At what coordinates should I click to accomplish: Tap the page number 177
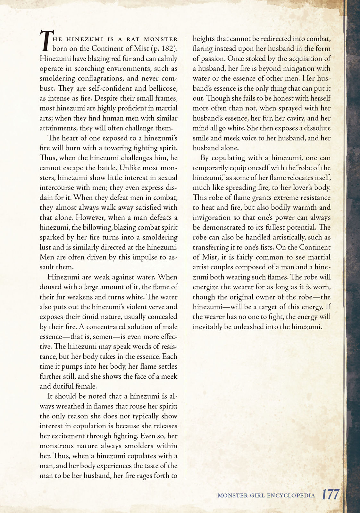331,494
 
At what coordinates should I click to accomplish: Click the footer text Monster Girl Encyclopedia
266,495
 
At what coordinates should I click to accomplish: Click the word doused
49,287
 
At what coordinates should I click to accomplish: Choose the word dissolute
313,128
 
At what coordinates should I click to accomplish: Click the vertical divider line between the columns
185,256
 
